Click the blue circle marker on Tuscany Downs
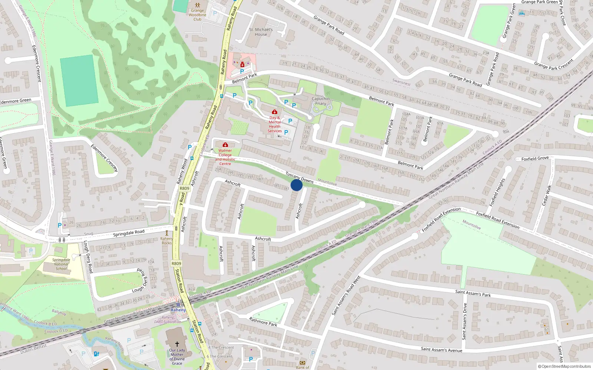pos(296,185)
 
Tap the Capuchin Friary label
pos(321,101)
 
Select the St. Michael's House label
pos(261,32)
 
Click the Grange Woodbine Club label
pos(197,15)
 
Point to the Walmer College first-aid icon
pos(225,145)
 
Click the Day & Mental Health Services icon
pos(275,112)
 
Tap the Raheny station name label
pos(178,310)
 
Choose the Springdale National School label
pos(61,264)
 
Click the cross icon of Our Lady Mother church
pos(177,344)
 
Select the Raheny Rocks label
pos(167,241)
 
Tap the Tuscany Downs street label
pos(299,178)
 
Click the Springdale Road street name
pos(129,233)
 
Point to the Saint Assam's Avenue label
pos(441,350)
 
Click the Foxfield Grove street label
pos(535,158)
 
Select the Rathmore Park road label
pos(263,322)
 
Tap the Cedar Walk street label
pos(547,195)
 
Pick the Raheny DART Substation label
pos(168,320)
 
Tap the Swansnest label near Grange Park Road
pos(401,82)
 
